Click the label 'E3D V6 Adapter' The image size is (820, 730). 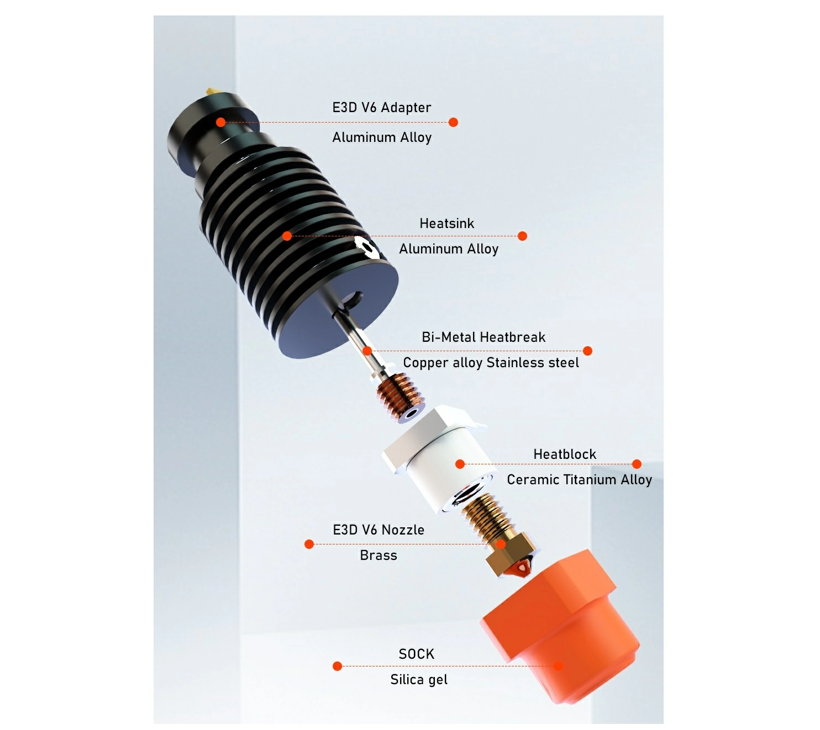click(381, 108)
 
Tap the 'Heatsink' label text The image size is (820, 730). click(446, 223)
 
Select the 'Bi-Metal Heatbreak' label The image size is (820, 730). click(483, 337)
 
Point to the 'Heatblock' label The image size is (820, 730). click(565, 454)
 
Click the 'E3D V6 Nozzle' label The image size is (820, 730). click(379, 530)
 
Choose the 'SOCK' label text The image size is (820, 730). click(417, 654)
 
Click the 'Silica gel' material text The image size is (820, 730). click(419, 679)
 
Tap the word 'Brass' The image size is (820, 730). click(379, 555)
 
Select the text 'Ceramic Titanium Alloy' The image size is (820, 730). click(579, 480)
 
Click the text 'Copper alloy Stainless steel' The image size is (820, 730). click(491, 363)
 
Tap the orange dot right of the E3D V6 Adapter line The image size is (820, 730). click(453, 122)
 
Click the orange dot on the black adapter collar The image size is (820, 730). click(220, 122)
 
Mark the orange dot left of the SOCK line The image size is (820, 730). click(337, 666)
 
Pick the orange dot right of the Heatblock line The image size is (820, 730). click(637, 464)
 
